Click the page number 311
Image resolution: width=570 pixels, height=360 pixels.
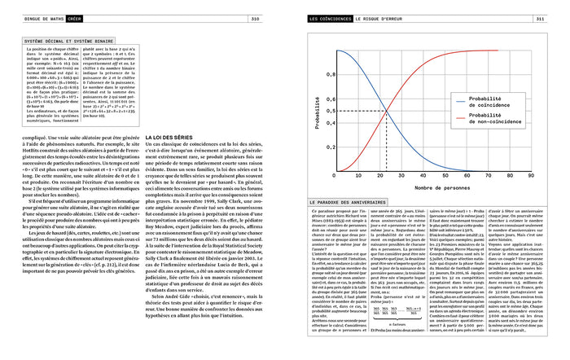[x=540, y=18]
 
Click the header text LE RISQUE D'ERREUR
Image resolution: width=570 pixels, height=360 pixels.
[x=391, y=18]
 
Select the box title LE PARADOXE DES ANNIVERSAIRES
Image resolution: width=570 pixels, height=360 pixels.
[x=346, y=201]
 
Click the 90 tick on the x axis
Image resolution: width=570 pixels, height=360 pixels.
[x=531, y=175]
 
